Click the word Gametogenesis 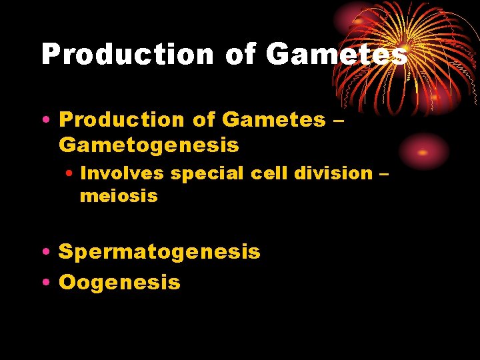tap(149, 144)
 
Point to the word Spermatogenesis tap(159, 252)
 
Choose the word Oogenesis tap(119, 282)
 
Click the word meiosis tap(119, 196)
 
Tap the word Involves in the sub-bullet tap(122, 173)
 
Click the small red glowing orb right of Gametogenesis tap(423, 152)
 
